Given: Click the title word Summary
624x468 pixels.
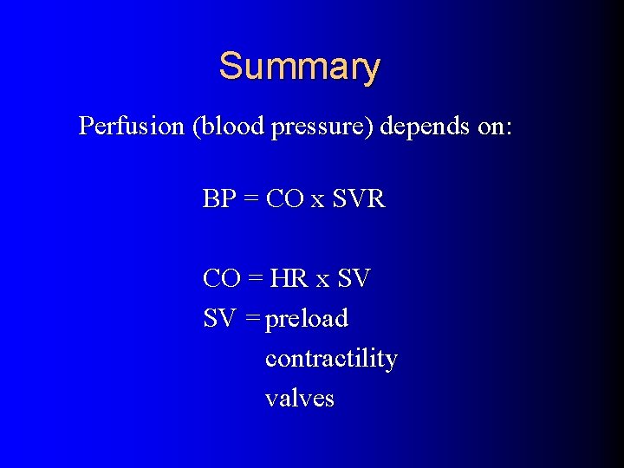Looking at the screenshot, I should coord(299,67).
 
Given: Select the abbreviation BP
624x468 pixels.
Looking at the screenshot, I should coord(219,199).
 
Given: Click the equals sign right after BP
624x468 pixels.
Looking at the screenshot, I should coord(251,200).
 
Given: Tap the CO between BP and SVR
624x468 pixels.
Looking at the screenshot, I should coord(284,199).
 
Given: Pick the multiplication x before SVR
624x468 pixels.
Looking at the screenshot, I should coord(318,201).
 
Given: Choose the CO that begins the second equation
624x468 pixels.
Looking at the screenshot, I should coord(221,279).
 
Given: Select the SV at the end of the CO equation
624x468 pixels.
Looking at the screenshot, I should coord(354,279).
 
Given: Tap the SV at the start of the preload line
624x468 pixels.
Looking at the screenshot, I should coord(219,319).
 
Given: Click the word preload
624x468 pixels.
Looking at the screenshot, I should coord(307,320).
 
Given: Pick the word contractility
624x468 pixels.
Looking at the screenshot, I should coord(331,359).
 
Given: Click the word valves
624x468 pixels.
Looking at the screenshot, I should coord(299,399).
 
